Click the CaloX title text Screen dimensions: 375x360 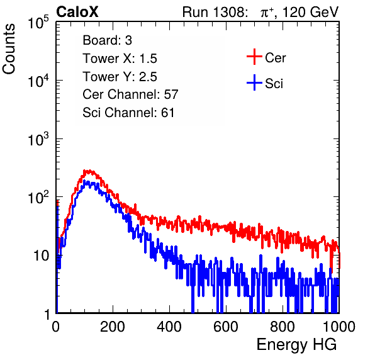tap(77, 12)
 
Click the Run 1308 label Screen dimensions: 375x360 tap(215, 12)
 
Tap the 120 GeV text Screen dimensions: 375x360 tap(310, 12)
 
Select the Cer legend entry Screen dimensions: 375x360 tap(275, 58)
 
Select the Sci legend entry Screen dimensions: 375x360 tap(274, 84)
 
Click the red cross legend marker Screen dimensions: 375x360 tap(254, 57)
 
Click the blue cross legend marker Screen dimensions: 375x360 tap(254, 82)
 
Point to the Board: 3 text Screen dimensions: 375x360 tap(107, 40)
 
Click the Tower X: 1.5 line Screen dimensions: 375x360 tap(120, 59)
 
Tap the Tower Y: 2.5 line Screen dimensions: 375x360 tap(120, 77)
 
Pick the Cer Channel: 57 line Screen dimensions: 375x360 tap(130, 94)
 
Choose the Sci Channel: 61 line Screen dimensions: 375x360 tap(128, 113)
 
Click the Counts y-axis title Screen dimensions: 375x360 tap(9, 49)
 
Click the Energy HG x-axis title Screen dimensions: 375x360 tap(296, 345)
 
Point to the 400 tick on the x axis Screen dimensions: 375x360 tap(169, 327)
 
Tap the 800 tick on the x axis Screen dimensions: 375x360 tap(283, 327)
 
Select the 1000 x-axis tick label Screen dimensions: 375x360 tap(339, 327)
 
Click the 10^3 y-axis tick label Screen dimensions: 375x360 tap(38, 138)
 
